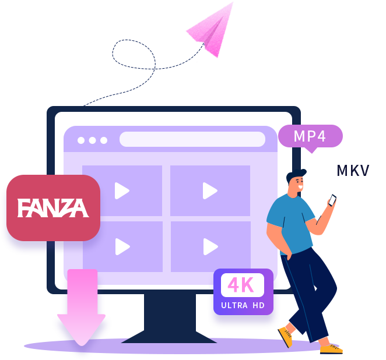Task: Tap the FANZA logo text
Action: (x=53, y=208)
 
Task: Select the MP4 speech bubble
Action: (x=310, y=136)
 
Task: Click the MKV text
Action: (x=353, y=171)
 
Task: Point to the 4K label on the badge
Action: (x=241, y=285)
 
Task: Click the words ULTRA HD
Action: (x=243, y=305)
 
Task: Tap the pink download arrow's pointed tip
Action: (x=82, y=345)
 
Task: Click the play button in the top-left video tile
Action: (x=122, y=190)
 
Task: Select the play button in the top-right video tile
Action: (x=210, y=190)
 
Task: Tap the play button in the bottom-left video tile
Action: (x=122, y=246)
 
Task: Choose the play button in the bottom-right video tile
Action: (x=210, y=246)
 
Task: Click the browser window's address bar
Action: (x=192, y=139)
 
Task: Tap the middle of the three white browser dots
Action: (x=92, y=140)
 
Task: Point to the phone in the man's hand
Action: (x=332, y=200)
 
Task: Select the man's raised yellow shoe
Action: (x=286, y=337)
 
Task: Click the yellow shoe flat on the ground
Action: (x=331, y=349)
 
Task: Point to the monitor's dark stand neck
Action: (x=170, y=313)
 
